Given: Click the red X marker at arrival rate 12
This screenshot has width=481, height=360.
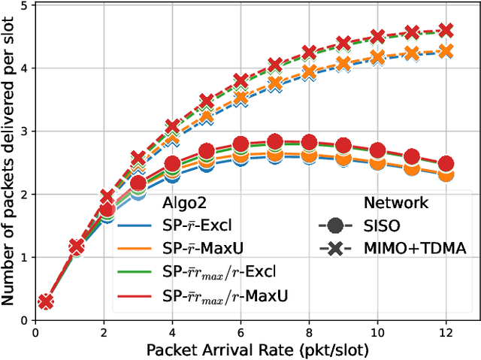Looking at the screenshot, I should point(446,30).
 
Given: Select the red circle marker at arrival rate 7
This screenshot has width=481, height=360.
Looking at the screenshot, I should point(275,141).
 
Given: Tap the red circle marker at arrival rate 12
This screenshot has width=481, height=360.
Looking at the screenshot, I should point(446,164).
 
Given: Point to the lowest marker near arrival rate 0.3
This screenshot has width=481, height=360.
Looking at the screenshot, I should point(46,301).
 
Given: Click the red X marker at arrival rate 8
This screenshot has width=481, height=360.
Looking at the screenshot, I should point(309,53).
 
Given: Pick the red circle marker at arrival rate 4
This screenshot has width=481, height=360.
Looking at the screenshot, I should point(172,164).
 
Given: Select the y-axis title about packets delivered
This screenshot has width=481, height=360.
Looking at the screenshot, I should point(9,162).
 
